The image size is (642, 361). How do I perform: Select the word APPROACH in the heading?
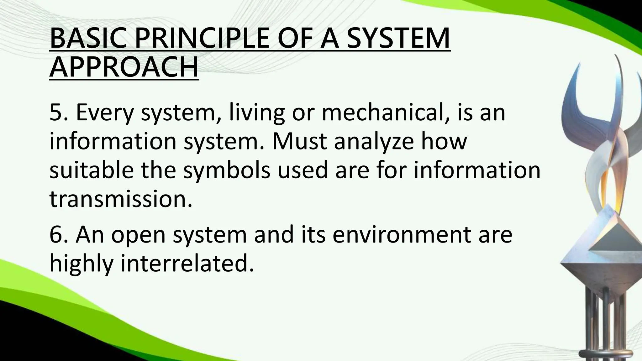tap(124, 67)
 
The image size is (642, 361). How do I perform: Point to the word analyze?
tap(373, 141)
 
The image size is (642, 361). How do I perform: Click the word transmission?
tap(121, 199)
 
